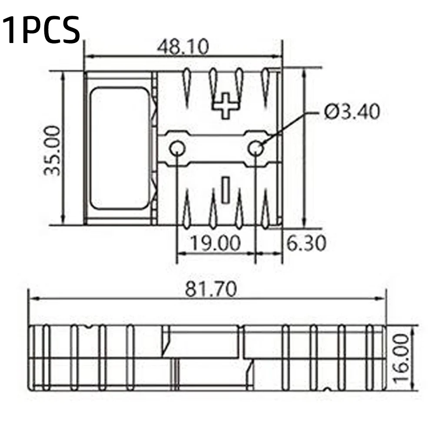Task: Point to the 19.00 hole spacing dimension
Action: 216,243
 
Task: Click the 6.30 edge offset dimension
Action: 306,243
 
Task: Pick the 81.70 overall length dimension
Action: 211,289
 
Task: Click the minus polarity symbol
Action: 225,189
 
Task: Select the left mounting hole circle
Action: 177,149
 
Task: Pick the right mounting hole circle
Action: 256,149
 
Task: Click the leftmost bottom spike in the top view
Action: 186,211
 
